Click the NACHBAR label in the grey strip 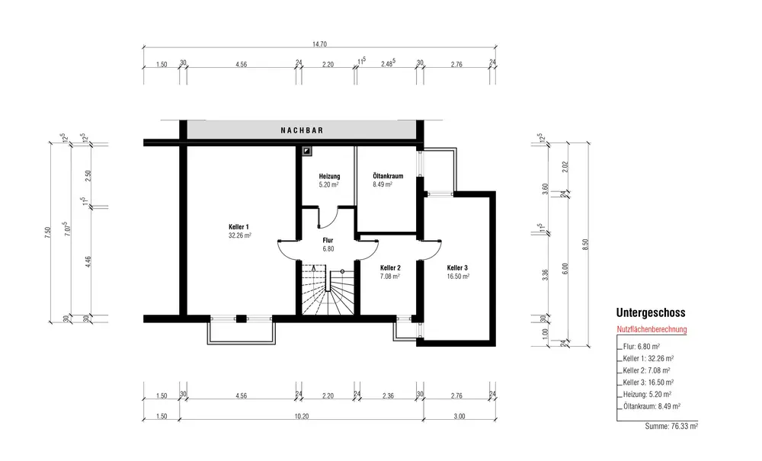coord(302,130)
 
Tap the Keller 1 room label coord(239,227)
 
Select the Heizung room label coord(329,176)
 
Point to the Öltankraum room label coord(388,176)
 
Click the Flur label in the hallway coord(328,241)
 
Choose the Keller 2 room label coord(390,267)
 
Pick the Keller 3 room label coord(457,267)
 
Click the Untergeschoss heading coord(651,313)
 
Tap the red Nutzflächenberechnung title coord(652,329)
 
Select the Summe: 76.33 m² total coord(671,427)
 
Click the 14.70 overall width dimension coord(319,44)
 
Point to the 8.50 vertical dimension coord(585,245)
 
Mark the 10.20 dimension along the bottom coord(301,416)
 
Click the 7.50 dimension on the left coord(47,233)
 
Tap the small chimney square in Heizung coord(306,151)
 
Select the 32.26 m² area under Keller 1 coord(240,235)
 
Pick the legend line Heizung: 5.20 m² coord(647,395)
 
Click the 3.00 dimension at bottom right coord(459,416)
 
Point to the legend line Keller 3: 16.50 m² coord(648,383)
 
